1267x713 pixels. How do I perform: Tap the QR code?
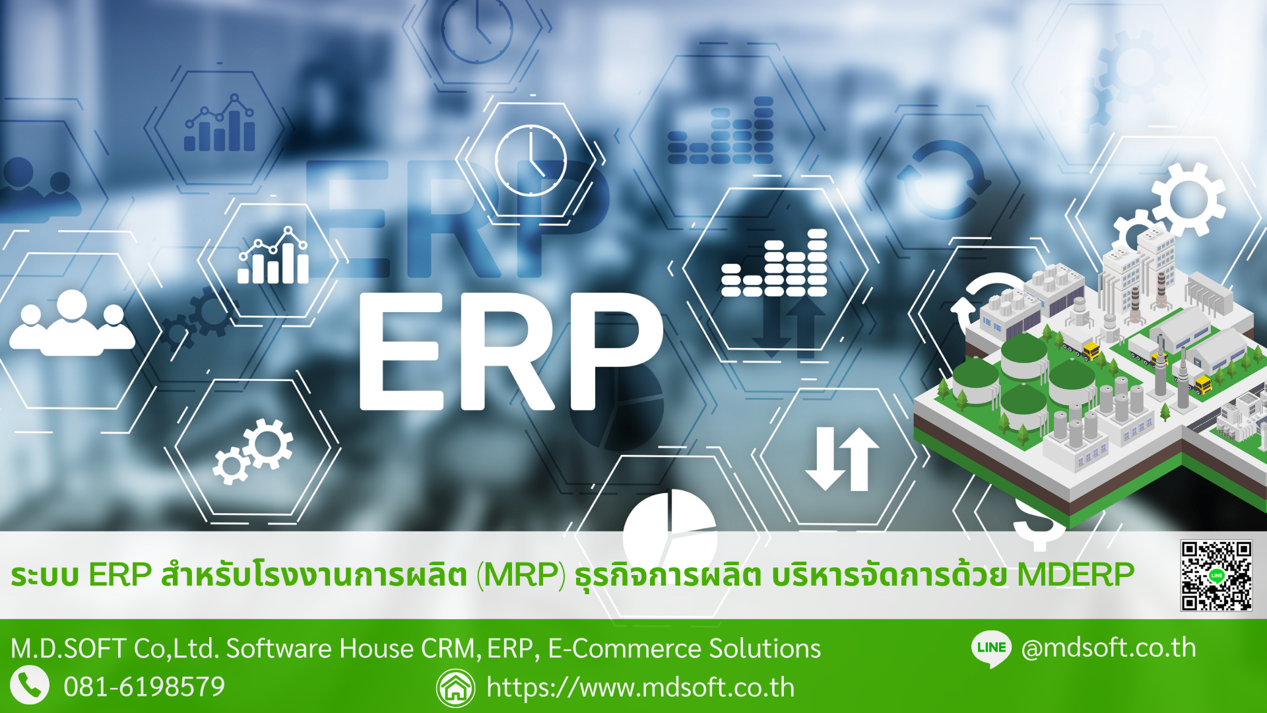1216,576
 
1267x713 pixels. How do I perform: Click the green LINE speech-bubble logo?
991,648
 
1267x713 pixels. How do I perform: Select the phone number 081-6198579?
145,687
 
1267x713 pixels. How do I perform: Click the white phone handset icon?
30,685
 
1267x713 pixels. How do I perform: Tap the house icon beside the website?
455,688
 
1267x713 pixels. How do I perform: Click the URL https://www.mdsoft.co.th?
640,688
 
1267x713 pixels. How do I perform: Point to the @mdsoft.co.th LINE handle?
1109,648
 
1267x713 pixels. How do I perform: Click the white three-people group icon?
72,323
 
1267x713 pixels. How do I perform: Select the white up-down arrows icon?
843,459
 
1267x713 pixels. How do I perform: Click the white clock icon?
531,160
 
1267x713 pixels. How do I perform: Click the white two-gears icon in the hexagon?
253,452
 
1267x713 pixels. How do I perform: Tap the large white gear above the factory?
1188,199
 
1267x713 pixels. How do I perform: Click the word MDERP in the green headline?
1076,574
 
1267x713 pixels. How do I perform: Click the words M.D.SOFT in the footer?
68,649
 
